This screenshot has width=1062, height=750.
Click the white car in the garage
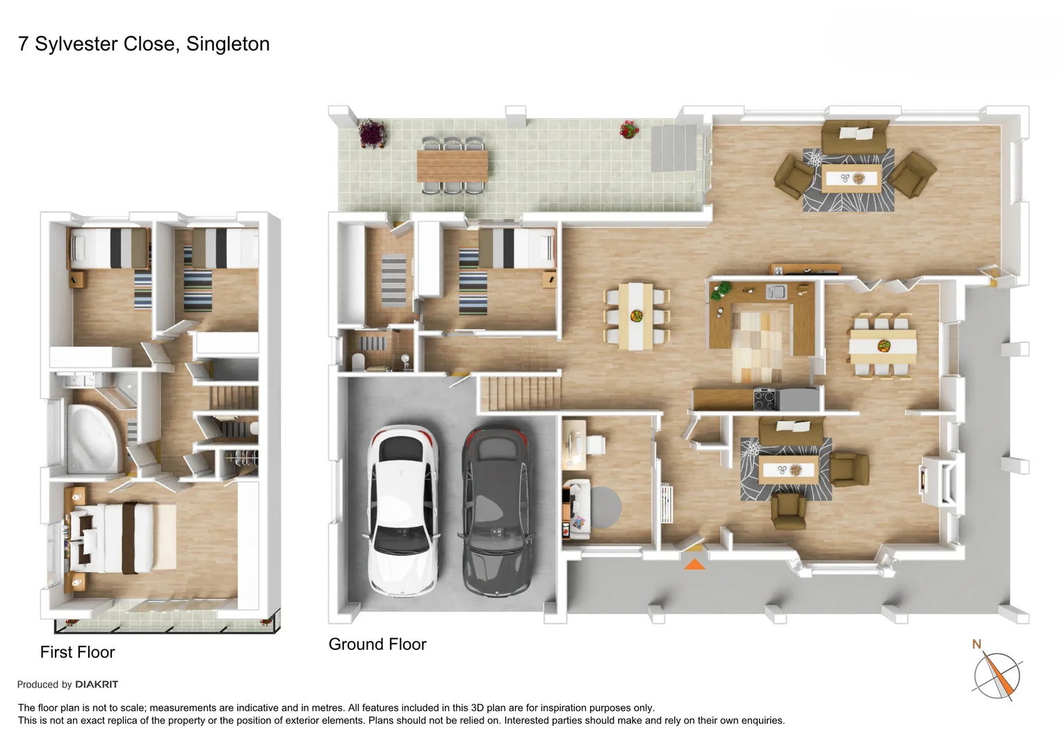(403, 510)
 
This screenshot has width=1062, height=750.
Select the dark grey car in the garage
(496, 510)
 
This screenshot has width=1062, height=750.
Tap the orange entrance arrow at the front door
(694, 564)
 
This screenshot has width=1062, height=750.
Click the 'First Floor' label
(77, 652)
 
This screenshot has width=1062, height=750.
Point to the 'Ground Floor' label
(377, 644)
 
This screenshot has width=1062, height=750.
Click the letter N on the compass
(976, 644)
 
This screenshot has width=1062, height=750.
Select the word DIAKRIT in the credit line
(97, 685)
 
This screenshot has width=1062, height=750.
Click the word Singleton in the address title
(228, 44)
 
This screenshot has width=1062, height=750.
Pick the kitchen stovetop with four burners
(765, 399)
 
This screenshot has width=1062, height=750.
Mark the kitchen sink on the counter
(776, 292)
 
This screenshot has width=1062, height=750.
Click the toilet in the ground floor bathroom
(357, 361)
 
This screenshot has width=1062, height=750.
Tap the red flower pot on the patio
(628, 130)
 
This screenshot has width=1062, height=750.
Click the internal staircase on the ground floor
(520, 393)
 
